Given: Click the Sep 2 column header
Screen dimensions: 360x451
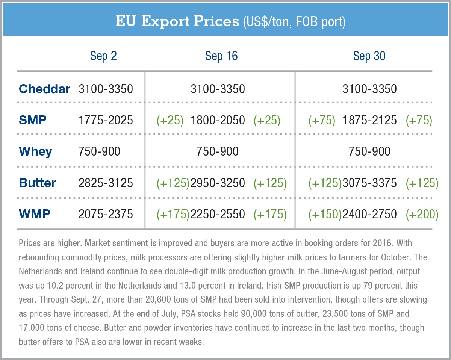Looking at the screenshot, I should (103, 56).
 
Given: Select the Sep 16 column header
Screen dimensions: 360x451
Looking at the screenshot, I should (221, 56).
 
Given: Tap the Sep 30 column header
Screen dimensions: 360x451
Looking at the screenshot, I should (369, 56).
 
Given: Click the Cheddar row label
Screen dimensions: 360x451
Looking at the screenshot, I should (44, 89).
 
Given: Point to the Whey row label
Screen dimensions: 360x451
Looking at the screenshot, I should (35, 151).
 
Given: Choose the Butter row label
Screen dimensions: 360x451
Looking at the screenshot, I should (37, 183).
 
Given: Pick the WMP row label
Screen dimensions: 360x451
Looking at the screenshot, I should (34, 214).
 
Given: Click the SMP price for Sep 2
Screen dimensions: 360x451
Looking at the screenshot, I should (106, 120).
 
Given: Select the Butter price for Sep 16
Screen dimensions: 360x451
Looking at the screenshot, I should (218, 183).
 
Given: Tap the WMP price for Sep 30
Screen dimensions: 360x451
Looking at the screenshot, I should (369, 214).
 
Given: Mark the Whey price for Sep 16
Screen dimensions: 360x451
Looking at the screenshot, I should (218, 151).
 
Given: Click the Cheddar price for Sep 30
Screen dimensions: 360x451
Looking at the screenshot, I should (369, 89).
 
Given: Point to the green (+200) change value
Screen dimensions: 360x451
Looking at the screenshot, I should (422, 214).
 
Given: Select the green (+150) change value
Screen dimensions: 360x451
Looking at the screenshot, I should (325, 214).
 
